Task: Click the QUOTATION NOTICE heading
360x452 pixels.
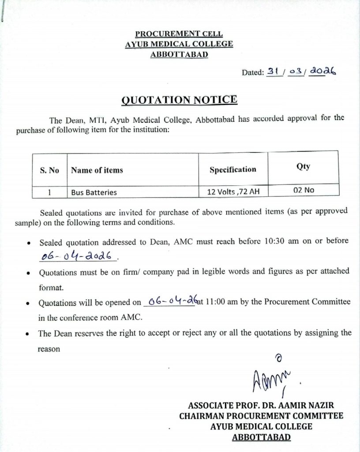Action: click(x=179, y=100)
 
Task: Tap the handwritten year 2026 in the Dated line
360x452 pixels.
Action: click(x=322, y=70)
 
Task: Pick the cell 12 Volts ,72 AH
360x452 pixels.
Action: click(x=232, y=192)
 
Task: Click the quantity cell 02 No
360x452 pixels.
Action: click(x=304, y=190)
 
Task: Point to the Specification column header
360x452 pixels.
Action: click(x=232, y=169)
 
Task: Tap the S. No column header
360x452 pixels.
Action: click(x=49, y=170)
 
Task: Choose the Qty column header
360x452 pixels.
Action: click(x=304, y=166)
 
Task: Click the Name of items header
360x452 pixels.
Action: click(x=97, y=170)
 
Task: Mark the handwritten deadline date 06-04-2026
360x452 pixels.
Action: click(x=75, y=256)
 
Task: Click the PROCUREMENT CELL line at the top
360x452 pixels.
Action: click(x=179, y=34)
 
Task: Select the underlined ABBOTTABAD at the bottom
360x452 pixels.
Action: click(x=261, y=437)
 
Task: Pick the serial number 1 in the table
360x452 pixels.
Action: click(x=49, y=192)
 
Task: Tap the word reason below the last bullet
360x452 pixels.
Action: click(x=49, y=348)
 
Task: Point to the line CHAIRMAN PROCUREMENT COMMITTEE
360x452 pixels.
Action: click(x=261, y=416)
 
